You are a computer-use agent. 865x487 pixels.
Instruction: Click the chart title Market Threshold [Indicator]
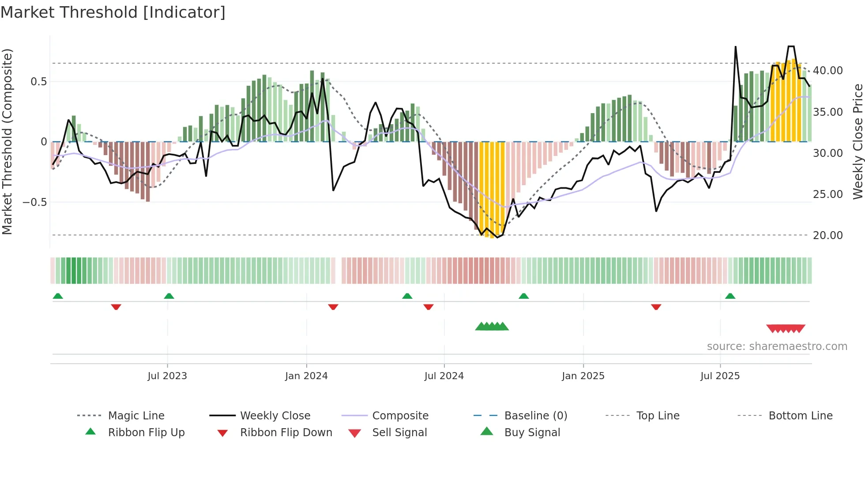[x=113, y=12]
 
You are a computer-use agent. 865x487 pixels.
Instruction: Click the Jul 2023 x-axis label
[x=167, y=376]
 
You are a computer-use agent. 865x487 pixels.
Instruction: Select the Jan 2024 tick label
[x=306, y=376]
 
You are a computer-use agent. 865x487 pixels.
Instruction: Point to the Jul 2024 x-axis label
[x=444, y=376]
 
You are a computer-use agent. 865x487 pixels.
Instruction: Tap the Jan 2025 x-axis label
[x=583, y=376]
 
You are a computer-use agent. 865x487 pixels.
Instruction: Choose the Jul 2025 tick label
[x=720, y=376]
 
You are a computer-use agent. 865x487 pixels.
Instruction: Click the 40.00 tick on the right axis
[x=828, y=71]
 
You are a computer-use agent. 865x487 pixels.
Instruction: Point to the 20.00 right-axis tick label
[x=828, y=236]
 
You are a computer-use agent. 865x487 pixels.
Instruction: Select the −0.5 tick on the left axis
[x=35, y=202]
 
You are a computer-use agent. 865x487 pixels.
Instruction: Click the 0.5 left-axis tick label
[x=38, y=82]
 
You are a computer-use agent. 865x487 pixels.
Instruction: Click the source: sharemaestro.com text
[x=777, y=346]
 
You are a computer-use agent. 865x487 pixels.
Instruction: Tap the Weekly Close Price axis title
[x=857, y=141]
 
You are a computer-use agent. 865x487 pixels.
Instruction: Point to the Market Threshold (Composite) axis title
[x=7, y=141]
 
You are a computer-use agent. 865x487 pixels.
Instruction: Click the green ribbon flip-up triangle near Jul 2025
[x=730, y=296]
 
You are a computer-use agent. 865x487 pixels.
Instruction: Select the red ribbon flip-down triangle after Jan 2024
[x=333, y=307]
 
